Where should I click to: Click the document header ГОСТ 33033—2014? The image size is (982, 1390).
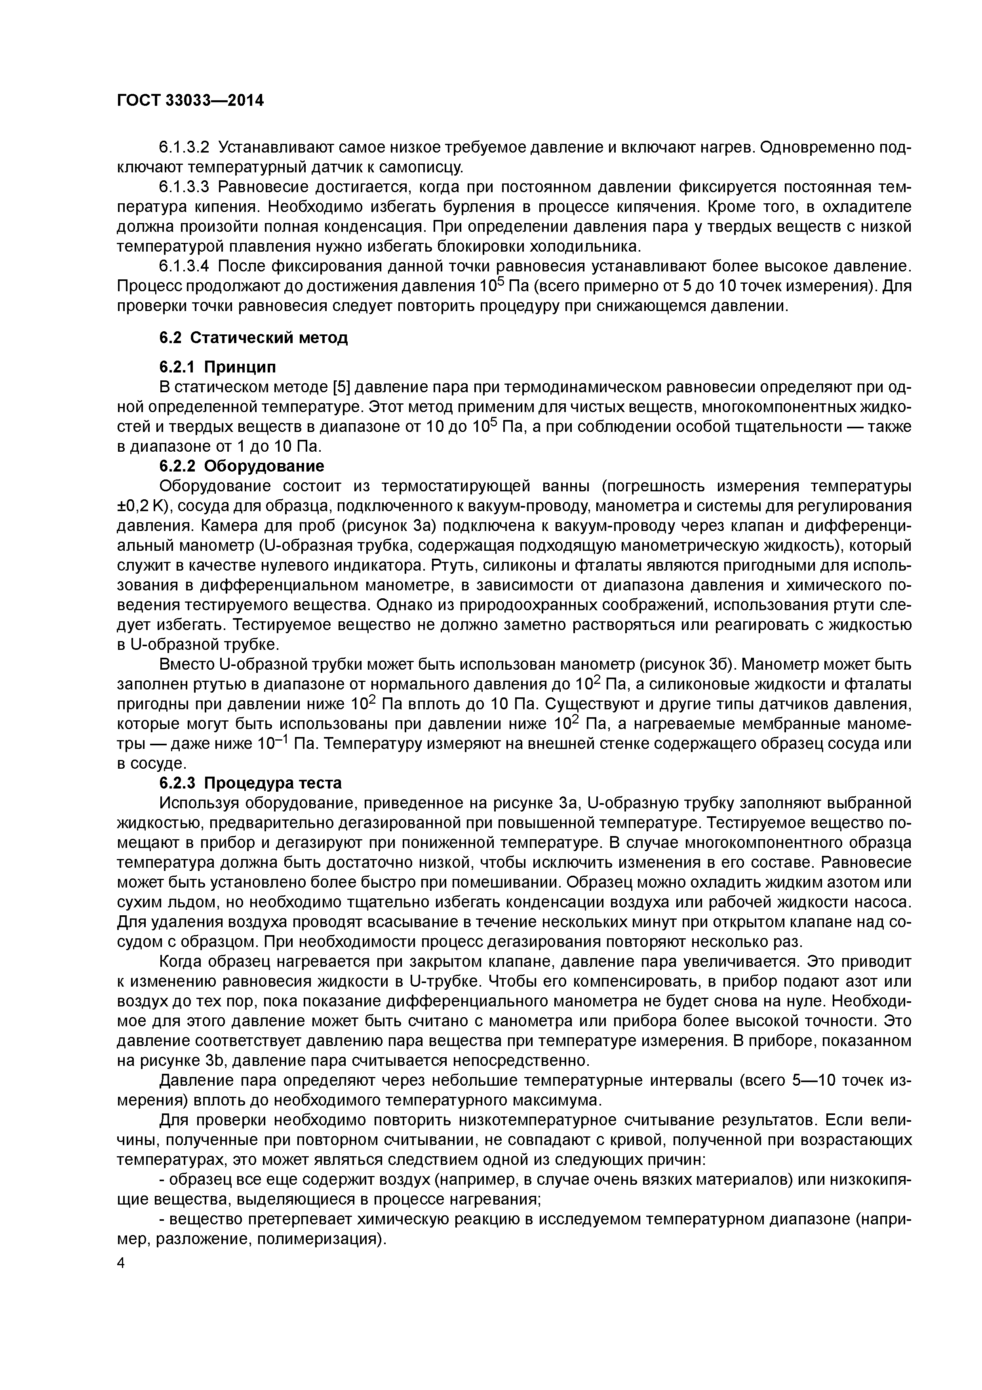click(x=190, y=101)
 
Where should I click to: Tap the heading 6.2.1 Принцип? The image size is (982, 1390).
click(x=217, y=367)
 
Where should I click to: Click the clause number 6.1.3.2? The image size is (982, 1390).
click(x=184, y=147)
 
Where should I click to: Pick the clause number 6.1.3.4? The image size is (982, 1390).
click(x=184, y=266)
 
